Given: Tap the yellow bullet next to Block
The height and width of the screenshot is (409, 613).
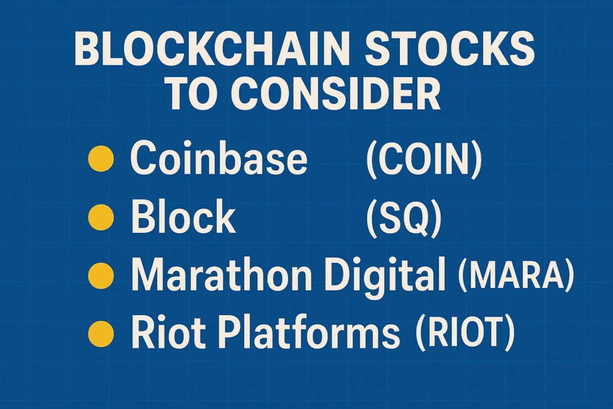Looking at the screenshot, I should [100, 217].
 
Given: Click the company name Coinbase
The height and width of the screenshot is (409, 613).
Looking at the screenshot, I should [219, 160].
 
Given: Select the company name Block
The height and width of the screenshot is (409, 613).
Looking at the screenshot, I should [183, 216].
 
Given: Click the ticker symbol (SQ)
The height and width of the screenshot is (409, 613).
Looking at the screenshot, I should [403, 217].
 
